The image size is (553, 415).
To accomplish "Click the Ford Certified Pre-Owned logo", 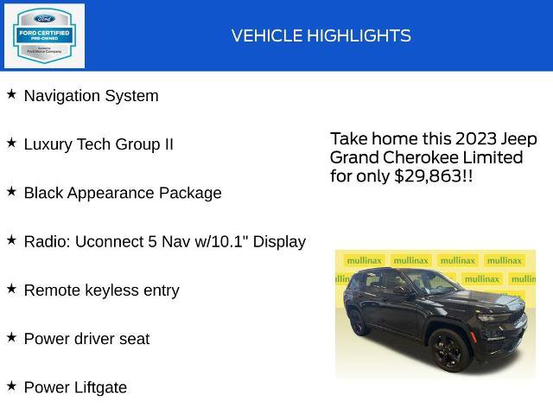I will pyautogui.click(x=45, y=35).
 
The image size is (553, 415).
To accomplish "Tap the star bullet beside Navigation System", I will pyautogui.click(x=11, y=94).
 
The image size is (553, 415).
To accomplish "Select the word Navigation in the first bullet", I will pyautogui.click(x=61, y=96).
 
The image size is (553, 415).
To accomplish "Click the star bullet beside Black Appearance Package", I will pyautogui.click(x=11, y=191).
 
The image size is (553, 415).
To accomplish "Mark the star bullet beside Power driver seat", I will pyautogui.click(x=11, y=336).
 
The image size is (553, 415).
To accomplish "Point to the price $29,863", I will pyautogui.click(x=428, y=176).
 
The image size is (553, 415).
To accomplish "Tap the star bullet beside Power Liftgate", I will pyautogui.click(x=11, y=385).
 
